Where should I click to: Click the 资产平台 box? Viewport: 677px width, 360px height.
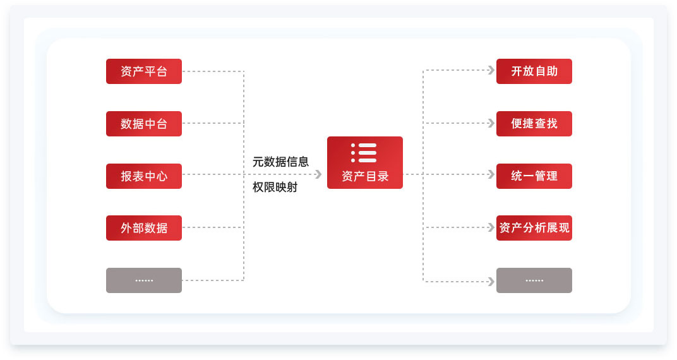coord(144,71)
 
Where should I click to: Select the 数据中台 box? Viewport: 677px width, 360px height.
coord(144,124)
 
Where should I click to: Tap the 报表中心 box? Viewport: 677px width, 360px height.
coord(144,176)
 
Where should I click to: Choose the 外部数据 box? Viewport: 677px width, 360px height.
coord(144,228)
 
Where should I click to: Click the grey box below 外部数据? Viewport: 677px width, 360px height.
coord(144,280)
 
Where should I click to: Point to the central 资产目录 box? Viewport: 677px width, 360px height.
coord(365,163)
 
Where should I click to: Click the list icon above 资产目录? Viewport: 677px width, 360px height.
coord(364,153)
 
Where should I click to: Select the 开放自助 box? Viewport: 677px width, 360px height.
coord(534,71)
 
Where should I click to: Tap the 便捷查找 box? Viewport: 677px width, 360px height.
coord(534,124)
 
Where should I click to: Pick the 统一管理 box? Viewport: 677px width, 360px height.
coord(534,176)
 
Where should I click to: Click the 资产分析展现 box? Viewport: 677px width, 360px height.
coord(534,228)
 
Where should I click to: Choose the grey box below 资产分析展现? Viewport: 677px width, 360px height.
coord(534,280)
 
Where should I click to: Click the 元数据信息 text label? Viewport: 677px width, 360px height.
coord(280,162)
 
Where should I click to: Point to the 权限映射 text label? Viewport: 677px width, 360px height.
coord(275,187)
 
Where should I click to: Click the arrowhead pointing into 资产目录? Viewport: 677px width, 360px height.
coord(319,174)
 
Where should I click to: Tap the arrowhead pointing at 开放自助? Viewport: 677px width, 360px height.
coord(491,70)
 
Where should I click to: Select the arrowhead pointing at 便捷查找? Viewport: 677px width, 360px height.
coord(491,123)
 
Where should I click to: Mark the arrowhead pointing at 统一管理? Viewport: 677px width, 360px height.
coord(491,174)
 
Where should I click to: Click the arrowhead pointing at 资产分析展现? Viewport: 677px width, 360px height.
coord(491,227)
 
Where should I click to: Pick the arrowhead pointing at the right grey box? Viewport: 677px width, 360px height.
coord(491,282)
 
